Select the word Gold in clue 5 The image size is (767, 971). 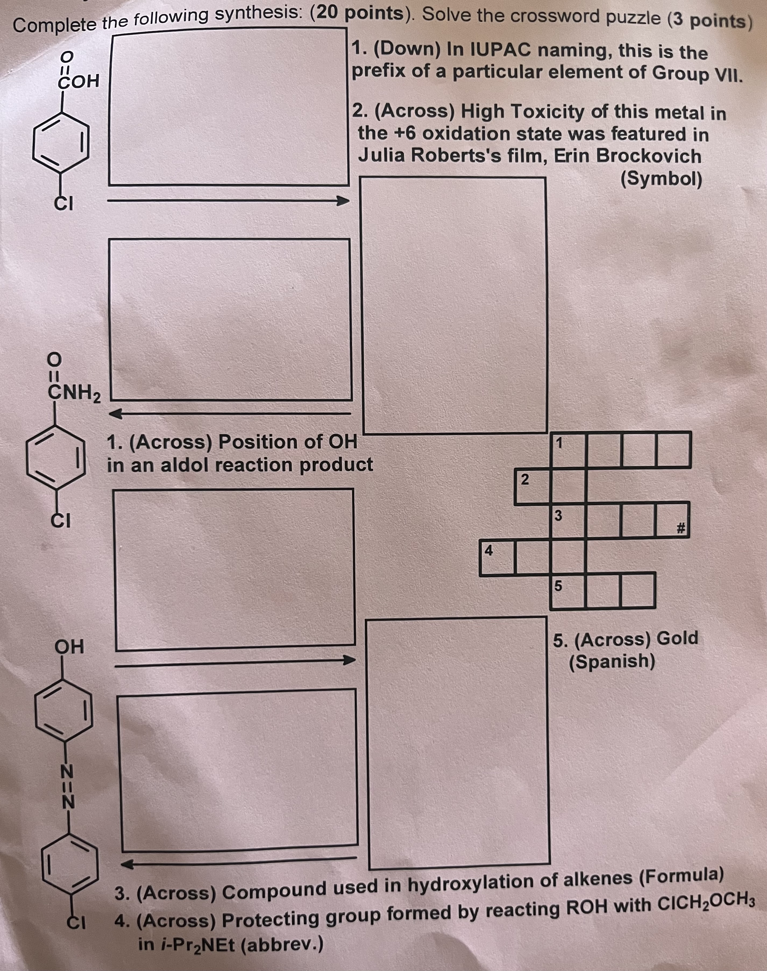677,637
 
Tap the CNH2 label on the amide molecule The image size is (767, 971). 74,393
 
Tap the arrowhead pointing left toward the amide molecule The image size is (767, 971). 116,414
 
